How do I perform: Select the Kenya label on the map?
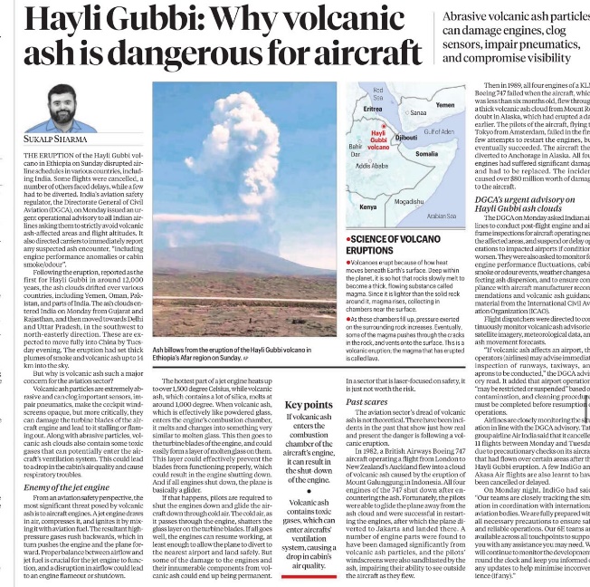tap(368, 207)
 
